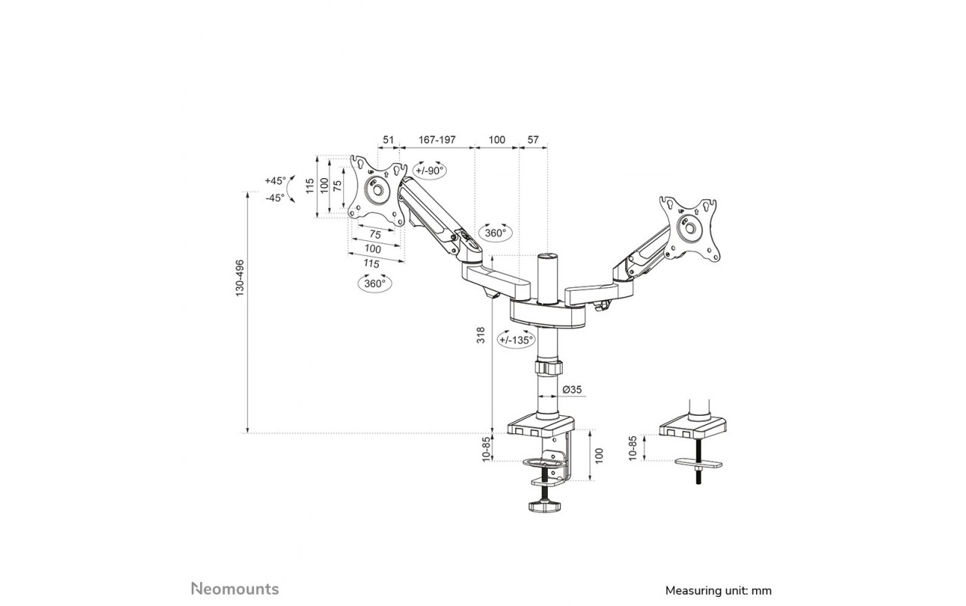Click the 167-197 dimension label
[x=437, y=139]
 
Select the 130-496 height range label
[x=239, y=278]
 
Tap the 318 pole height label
[x=480, y=335]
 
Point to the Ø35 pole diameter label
[x=572, y=389]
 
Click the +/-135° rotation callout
[x=516, y=340]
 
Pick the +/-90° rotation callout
[x=430, y=170]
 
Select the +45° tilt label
[x=276, y=180]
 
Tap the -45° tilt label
[x=275, y=198]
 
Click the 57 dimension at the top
[x=533, y=139]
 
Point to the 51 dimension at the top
[x=388, y=139]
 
